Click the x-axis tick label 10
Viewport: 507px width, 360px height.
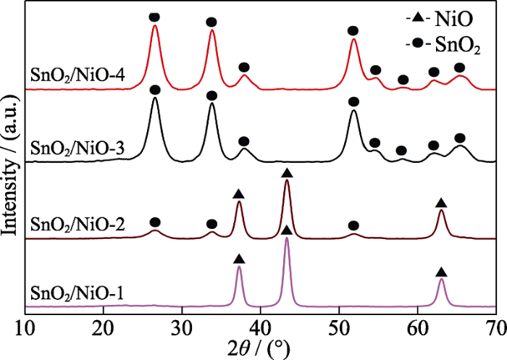[x=25, y=325]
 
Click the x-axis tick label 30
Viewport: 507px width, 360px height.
[x=183, y=325]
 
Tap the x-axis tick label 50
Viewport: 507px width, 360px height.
[x=340, y=325]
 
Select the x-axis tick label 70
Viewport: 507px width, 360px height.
[x=495, y=325]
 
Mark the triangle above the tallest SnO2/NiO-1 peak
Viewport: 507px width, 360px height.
[x=287, y=230]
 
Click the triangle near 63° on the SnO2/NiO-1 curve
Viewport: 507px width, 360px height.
[x=441, y=272]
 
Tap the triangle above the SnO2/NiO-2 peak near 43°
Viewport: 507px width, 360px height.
[x=287, y=172]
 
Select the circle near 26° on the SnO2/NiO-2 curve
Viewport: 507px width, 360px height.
[x=154, y=222]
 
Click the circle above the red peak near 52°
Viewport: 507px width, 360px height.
[x=353, y=30]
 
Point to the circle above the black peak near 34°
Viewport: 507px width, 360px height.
[x=211, y=96]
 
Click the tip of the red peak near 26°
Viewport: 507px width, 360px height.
[x=155, y=27]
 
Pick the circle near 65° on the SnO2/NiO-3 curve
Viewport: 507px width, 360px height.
[x=459, y=138]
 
